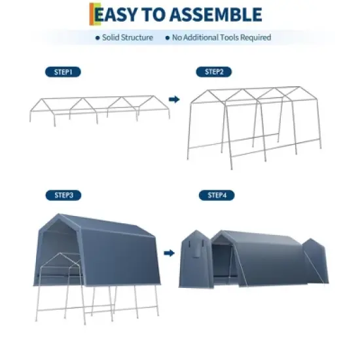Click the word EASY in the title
pos(118,14)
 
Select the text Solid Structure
pos(127,38)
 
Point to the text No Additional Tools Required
pos(221,38)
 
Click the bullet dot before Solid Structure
pos(98,38)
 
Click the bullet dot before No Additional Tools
pos(168,38)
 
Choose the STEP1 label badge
pos(63,72)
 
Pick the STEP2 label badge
pos(213,72)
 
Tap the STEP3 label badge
pos(63,195)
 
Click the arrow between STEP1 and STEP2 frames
pos(174,99)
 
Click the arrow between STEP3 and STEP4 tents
pos(170,252)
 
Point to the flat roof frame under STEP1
pos(98,108)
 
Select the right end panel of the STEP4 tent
pos(315,262)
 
